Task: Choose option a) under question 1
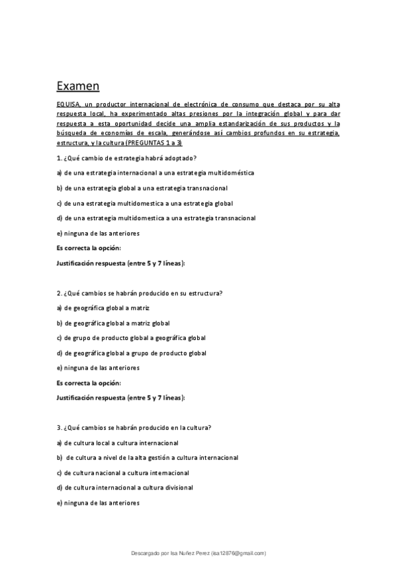click(x=155, y=173)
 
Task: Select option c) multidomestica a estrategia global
click(x=144, y=203)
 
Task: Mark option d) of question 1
click(x=155, y=218)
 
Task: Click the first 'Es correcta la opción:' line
click(x=89, y=248)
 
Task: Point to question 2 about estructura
click(x=139, y=293)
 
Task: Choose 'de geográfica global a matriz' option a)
click(x=103, y=308)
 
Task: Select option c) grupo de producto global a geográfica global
click(x=131, y=338)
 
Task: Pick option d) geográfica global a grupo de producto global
click(x=131, y=353)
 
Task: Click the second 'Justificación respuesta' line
click(x=120, y=398)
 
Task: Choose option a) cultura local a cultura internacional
click(x=117, y=443)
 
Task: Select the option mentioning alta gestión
click(x=147, y=458)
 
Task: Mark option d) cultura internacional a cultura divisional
click(x=124, y=488)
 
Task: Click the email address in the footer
click(x=238, y=552)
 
